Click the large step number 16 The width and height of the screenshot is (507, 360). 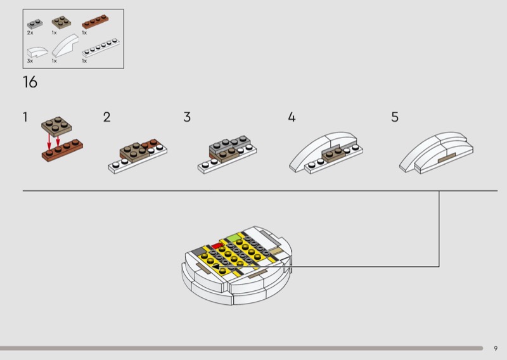[x=30, y=82]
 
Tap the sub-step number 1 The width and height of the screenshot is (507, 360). [x=25, y=117]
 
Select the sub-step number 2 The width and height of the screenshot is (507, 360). [x=106, y=117]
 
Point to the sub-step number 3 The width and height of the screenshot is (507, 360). [x=187, y=117]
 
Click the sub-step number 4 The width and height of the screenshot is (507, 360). [x=292, y=117]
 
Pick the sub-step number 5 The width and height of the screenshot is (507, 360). [x=395, y=117]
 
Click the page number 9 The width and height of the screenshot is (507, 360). [x=496, y=349]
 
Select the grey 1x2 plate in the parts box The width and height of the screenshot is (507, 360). [x=35, y=24]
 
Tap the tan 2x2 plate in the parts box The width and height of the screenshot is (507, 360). [x=61, y=22]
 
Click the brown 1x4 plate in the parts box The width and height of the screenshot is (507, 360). [x=95, y=22]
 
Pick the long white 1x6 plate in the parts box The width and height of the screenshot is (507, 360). [x=101, y=48]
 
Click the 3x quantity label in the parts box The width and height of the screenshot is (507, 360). [x=30, y=61]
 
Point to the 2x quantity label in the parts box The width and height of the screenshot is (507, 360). [x=30, y=33]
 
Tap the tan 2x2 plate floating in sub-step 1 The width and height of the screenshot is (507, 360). [x=56, y=126]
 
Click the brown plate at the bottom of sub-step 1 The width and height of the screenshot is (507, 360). [x=62, y=150]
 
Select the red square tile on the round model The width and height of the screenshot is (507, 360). [x=217, y=247]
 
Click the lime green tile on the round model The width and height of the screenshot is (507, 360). [x=233, y=239]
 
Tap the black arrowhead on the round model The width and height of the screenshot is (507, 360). [x=215, y=267]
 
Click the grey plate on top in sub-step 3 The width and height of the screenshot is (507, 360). [x=229, y=145]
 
